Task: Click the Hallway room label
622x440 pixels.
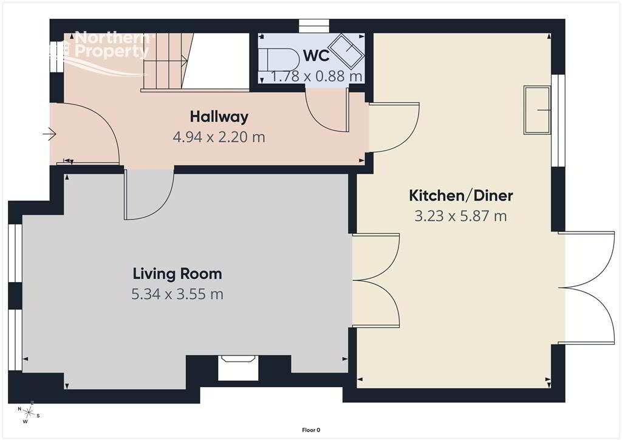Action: [219, 117]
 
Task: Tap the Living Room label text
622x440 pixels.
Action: [177, 273]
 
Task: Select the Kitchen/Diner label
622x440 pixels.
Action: [460, 195]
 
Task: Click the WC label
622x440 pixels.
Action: [316, 56]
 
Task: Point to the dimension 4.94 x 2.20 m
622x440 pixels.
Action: [219, 137]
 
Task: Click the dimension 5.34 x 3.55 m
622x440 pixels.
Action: [177, 294]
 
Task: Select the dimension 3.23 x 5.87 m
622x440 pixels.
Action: [460, 216]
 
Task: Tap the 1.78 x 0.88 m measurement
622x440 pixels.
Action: [316, 76]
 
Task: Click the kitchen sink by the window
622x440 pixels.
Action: [538, 110]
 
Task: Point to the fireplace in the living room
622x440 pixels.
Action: [238, 368]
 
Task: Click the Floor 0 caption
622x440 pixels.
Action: [311, 430]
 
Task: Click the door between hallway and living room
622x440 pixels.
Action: [149, 194]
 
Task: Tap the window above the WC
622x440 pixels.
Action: [314, 26]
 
